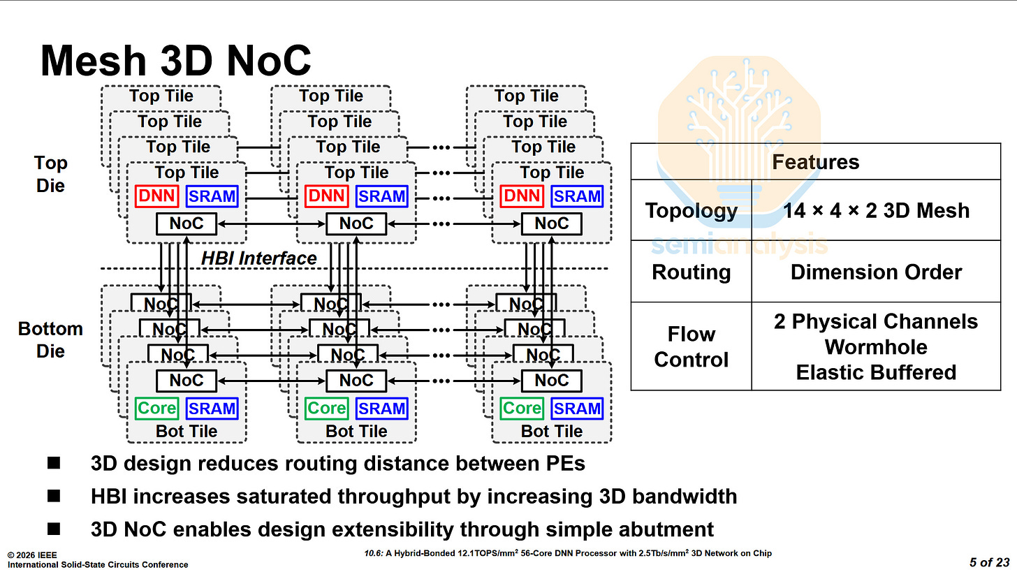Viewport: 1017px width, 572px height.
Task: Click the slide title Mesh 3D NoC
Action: (x=175, y=61)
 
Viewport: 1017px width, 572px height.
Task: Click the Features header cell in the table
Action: (x=815, y=162)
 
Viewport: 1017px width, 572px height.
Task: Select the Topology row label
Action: (x=691, y=210)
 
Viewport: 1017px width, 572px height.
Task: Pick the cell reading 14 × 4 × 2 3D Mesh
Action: (x=876, y=210)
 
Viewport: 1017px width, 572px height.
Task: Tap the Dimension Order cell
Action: (x=876, y=272)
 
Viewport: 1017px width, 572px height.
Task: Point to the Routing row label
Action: (x=691, y=272)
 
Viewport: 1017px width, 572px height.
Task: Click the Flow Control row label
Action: (x=691, y=346)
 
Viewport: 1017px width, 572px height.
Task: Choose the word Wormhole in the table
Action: (x=876, y=347)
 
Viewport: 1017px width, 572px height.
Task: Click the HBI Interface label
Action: (x=258, y=258)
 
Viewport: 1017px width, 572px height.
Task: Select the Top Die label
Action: (x=51, y=174)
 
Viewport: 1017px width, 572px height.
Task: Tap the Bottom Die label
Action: (x=50, y=339)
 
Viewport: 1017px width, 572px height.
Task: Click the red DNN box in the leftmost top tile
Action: (x=156, y=196)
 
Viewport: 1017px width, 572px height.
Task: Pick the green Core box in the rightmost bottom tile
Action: (x=522, y=409)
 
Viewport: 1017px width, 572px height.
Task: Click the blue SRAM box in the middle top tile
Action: (x=381, y=196)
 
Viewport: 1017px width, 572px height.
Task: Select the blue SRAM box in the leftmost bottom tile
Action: (x=212, y=409)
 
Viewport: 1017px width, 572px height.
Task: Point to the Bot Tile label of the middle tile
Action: (x=356, y=431)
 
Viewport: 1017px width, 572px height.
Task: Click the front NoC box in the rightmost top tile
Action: (x=551, y=223)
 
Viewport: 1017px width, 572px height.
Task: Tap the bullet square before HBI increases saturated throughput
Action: (x=54, y=497)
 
